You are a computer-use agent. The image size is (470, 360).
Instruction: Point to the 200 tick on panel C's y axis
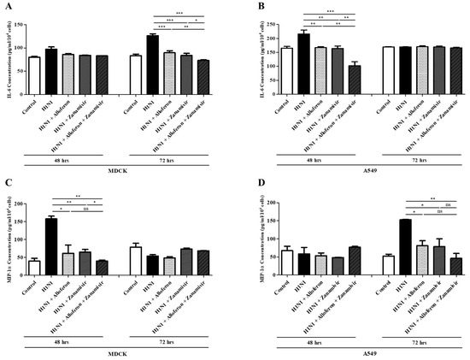point(21,203)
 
